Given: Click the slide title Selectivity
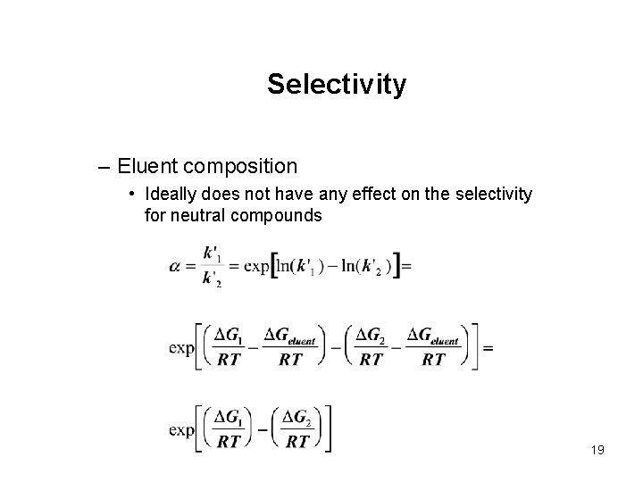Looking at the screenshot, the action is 337,85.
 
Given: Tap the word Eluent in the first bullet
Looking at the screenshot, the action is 146,166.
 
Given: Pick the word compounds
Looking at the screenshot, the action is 277,215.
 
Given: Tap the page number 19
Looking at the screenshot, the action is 597,450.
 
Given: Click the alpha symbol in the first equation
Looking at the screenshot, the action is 174,267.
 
